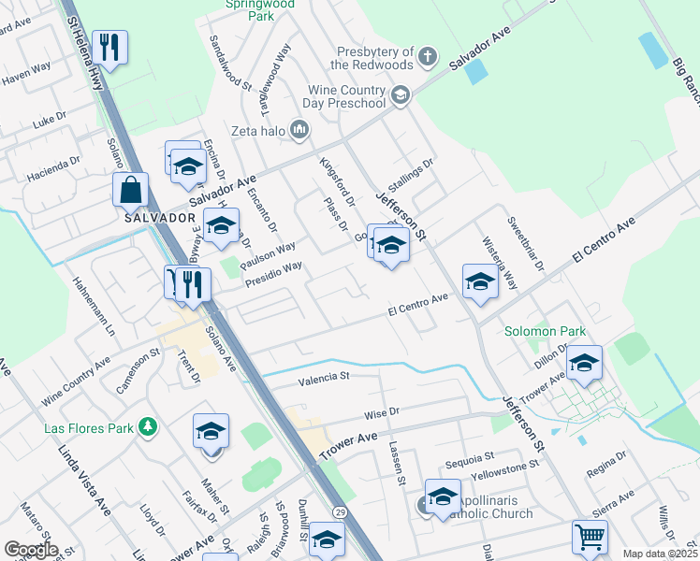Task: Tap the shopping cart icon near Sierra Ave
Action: [x=591, y=537]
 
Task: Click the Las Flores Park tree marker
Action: [x=147, y=427]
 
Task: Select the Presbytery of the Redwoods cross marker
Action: [x=428, y=56]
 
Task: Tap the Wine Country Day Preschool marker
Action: [x=401, y=94]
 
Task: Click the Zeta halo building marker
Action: [x=299, y=128]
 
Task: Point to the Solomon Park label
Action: [x=545, y=331]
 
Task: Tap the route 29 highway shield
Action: [x=340, y=513]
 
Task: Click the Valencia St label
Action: [x=323, y=378]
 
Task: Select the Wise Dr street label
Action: [x=382, y=411]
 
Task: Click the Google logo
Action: [x=31, y=549]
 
